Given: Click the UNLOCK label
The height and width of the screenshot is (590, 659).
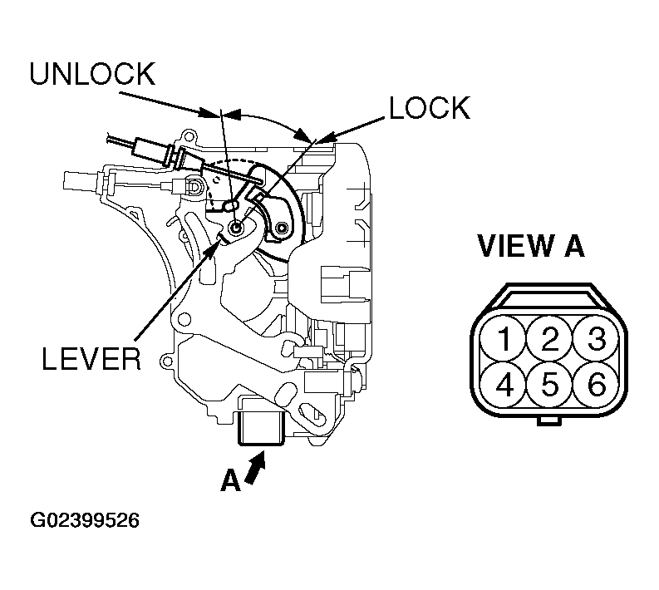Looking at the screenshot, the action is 92,74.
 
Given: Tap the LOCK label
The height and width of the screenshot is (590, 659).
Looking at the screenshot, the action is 430,107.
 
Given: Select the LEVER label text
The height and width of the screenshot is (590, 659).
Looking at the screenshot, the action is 91,359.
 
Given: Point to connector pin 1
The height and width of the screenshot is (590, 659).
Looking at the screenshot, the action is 504,339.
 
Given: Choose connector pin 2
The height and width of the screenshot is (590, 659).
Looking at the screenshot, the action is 550,339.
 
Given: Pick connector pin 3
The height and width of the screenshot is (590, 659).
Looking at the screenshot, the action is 596,339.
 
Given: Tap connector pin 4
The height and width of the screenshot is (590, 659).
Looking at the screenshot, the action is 504,384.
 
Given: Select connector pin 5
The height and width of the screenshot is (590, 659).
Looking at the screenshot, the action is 550,384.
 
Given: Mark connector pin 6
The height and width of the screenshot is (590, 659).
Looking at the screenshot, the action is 596,384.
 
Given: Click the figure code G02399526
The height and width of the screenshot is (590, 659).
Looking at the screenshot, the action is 85,520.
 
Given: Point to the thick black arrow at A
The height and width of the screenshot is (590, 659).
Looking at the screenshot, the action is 255,468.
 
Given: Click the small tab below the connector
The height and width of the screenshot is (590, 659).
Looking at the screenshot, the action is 548,420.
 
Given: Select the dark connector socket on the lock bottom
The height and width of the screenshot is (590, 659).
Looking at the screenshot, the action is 260,427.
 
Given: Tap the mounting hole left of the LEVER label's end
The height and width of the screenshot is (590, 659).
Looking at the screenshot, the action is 167,361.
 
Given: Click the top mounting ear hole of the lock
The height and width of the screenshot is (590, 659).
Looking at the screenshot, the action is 189,136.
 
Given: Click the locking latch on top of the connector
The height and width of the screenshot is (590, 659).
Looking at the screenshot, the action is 548,297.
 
